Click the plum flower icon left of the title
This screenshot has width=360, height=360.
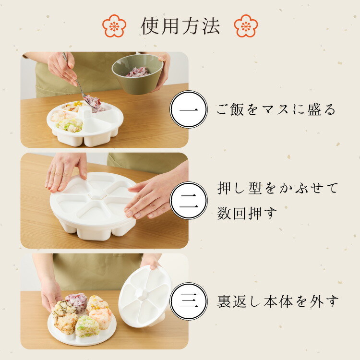[114, 26]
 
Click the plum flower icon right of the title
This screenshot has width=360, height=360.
[246, 26]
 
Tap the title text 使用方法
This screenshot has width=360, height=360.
[180, 26]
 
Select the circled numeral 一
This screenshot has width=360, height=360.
[189, 109]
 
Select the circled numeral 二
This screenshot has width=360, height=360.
[189, 201]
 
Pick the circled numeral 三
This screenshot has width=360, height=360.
[189, 301]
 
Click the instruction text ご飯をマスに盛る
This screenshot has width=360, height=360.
[276, 109]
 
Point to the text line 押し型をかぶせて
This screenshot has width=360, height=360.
[277, 188]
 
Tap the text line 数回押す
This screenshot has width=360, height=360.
[247, 213]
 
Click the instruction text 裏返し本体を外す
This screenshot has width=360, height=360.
[278, 301]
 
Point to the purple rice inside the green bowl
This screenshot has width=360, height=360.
[137, 72]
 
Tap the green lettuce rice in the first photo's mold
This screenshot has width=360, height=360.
[70, 124]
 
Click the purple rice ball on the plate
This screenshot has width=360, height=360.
[76, 302]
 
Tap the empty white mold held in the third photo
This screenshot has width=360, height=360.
[145, 296]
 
